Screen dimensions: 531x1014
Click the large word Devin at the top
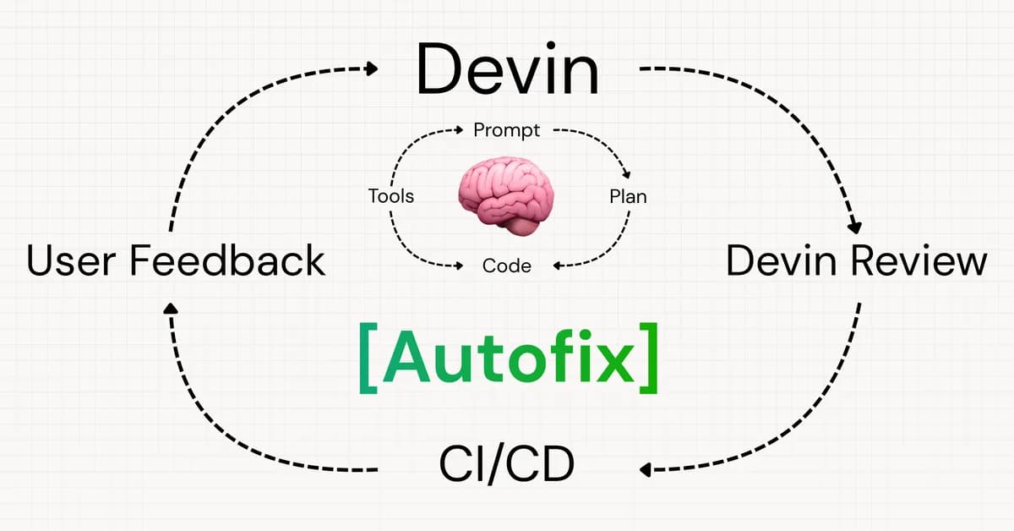pos(507,71)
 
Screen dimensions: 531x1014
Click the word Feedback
pos(227,260)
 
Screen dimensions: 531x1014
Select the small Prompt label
pos(507,130)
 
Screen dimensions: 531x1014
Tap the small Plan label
pos(628,196)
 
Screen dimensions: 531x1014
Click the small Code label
pos(506,265)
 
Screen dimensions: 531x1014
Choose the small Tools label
pos(391,196)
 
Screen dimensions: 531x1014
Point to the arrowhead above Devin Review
pos(854,227)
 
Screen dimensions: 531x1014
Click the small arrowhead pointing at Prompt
pos(459,131)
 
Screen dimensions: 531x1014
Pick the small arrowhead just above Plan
pos(626,174)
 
